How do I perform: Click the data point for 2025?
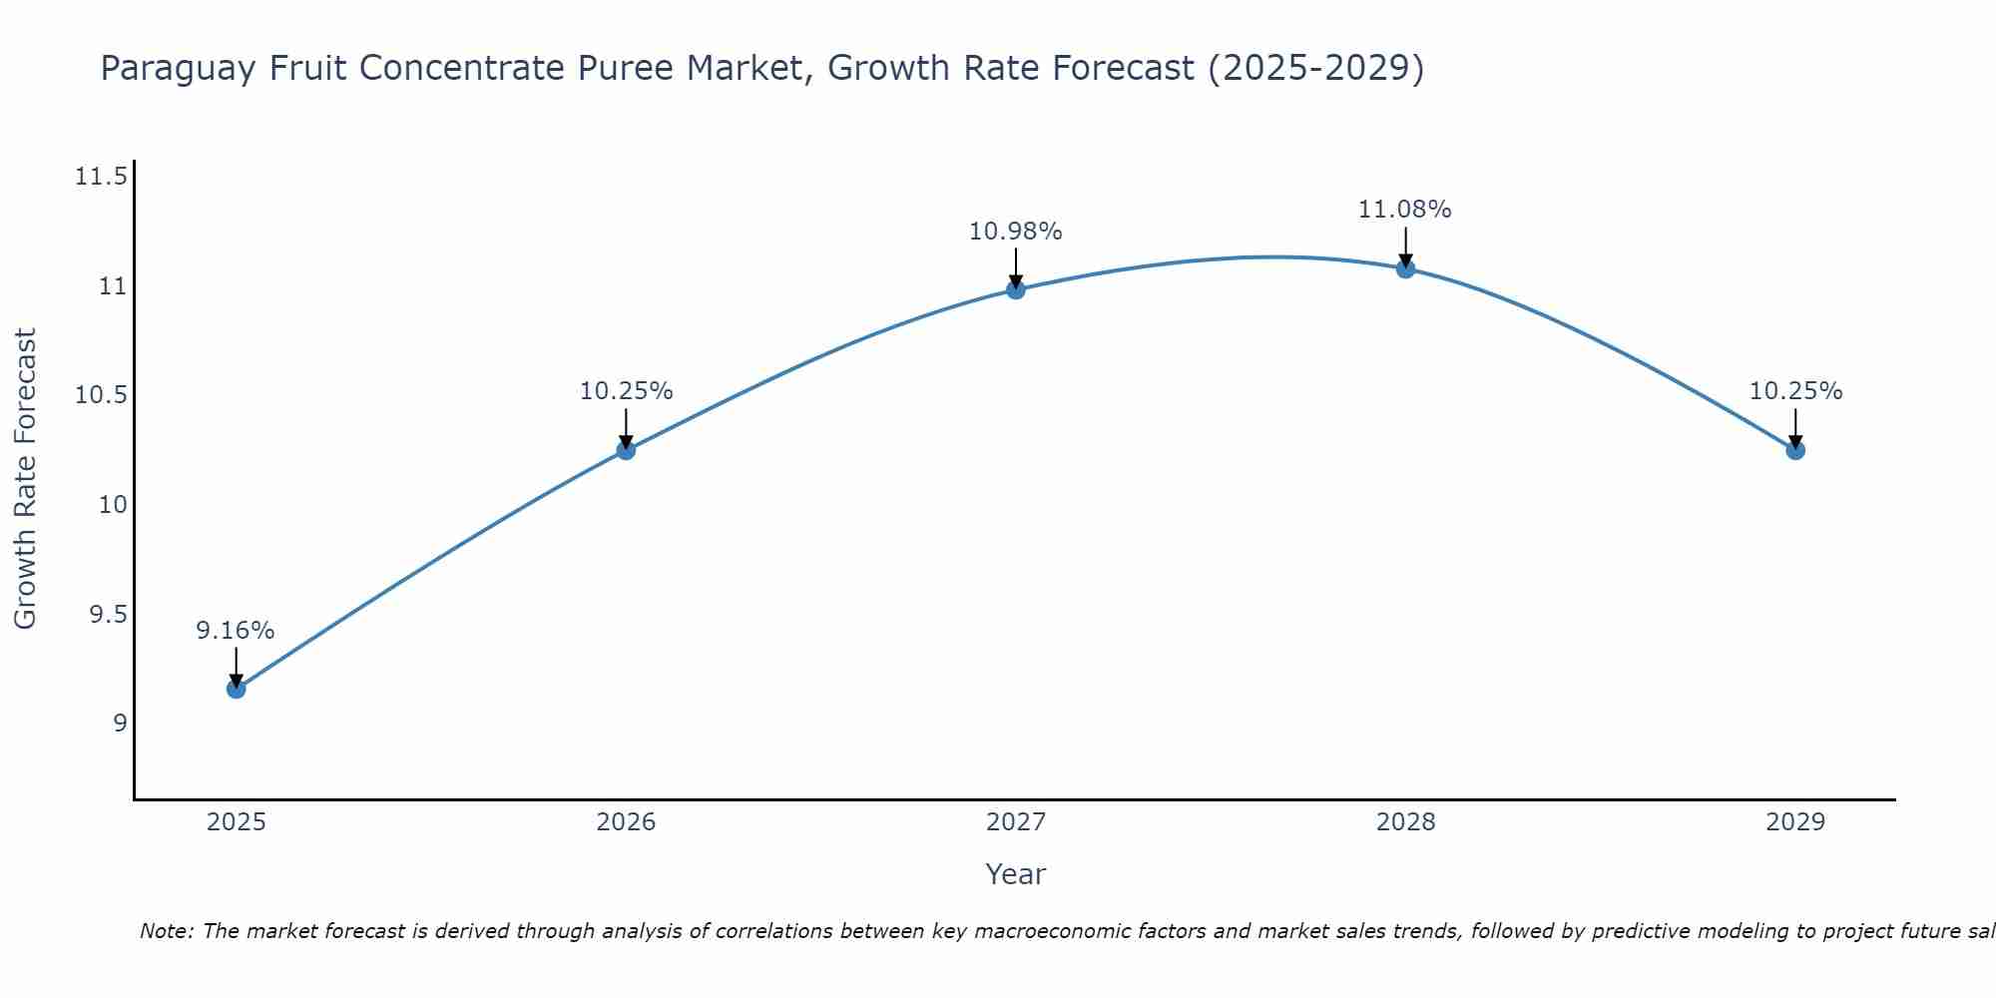point(236,689)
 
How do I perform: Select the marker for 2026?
point(626,450)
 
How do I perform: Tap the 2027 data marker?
point(1016,289)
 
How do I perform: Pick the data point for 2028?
point(1405,268)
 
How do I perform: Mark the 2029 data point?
point(1795,450)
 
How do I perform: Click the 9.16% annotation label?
point(235,631)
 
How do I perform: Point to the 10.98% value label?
point(1015,232)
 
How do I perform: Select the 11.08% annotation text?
point(1404,210)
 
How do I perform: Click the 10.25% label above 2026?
point(626,391)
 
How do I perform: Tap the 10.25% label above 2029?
point(1795,391)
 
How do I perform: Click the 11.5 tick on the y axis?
point(101,178)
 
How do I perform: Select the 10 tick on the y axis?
point(113,505)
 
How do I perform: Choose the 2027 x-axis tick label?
point(1016,822)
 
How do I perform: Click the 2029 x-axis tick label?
point(1795,822)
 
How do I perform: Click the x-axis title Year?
point(1015,874)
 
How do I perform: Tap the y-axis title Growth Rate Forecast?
point(25,478)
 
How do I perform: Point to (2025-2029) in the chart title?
point(1315,69)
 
